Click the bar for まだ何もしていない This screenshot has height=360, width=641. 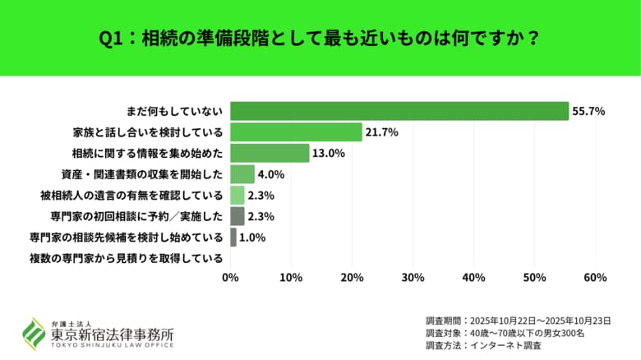(x=399, y=111)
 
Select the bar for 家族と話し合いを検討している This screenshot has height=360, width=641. (x=296, y=132)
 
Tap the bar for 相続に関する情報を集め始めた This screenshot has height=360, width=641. (x=270, y=153)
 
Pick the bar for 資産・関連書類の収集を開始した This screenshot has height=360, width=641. (x=242, y=174)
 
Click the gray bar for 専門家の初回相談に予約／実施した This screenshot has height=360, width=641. (x=237, y=217)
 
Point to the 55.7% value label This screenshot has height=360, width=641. (x=589, y=111)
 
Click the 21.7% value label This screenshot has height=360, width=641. (x=382, y=132)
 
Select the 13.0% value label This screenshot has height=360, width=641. (x=329, y=153)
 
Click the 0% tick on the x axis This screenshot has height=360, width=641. (x=230, y=278)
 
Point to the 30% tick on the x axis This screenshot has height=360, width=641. (x=413, y=278)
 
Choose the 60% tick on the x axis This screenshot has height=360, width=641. (x=595, y=278)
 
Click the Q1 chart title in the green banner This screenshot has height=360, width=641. (x=320, y=38)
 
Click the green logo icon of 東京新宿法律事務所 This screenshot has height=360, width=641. (x=34, y=333)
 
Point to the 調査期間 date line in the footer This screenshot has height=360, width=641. (x=522, y=320)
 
